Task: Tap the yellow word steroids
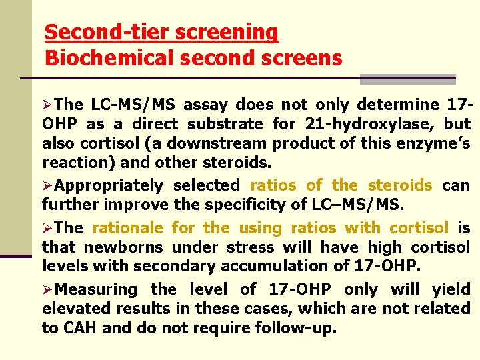click(x=400, y=185)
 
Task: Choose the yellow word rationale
click(x=127, y=228)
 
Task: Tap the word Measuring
click(x=96, y=289)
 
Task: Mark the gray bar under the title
click(x=407, y=79)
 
